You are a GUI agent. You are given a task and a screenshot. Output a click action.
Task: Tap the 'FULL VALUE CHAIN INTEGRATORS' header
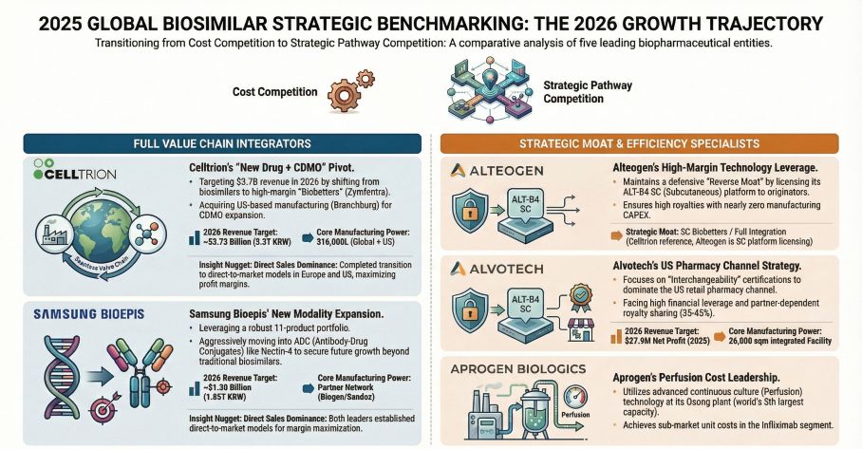(221, 142)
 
